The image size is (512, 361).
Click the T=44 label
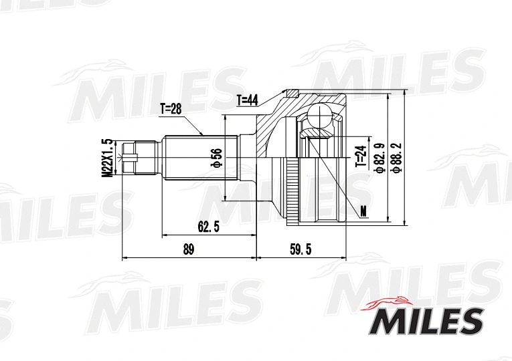click(247, 100)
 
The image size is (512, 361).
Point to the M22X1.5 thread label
click(105, 158)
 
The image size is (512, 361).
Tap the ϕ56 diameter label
click(217, 158)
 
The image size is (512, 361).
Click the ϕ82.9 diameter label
click(379, 158)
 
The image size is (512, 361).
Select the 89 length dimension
click(188, 249)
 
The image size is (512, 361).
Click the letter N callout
click(363, 212)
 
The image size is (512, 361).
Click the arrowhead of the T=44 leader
click(287, 91)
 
